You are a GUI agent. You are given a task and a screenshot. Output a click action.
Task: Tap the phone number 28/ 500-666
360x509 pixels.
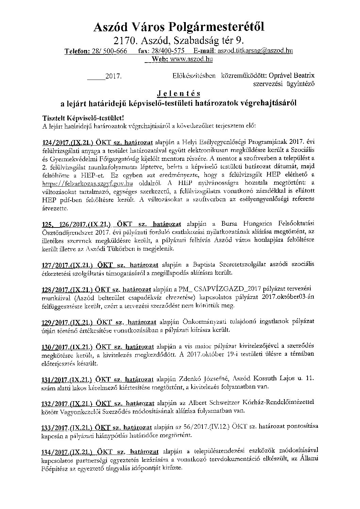pyautogui.click(x=109, y=51)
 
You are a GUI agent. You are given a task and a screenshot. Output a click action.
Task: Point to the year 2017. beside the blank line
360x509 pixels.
pyautogui.click(x=114, y=77)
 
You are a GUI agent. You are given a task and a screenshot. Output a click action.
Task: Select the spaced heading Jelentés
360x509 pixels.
pyautogui.click(x=179, y=93)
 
